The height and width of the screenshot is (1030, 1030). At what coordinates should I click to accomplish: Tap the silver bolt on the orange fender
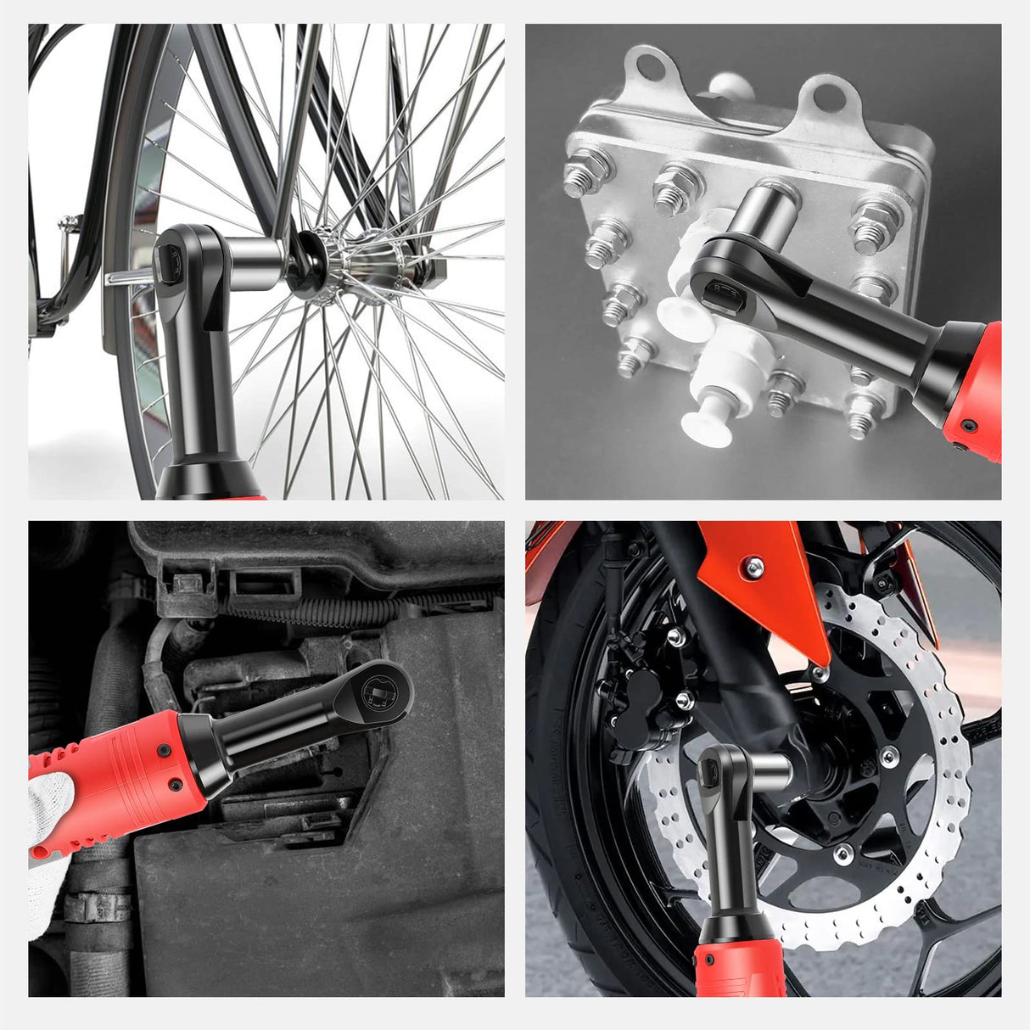tap(752, 567)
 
